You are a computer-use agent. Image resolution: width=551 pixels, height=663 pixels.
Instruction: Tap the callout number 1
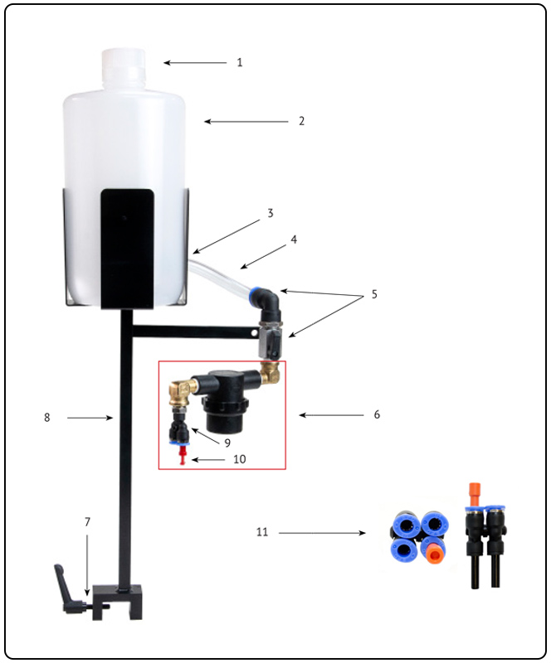240,63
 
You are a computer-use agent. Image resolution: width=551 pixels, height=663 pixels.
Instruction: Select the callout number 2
301,121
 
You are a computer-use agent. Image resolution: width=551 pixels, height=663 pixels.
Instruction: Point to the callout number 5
374,294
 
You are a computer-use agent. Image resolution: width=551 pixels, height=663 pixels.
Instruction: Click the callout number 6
377,414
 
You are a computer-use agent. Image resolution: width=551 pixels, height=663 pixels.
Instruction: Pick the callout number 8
47,418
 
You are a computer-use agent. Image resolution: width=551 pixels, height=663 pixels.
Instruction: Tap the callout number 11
262,531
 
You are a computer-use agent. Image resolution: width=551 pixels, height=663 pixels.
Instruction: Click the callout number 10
240,459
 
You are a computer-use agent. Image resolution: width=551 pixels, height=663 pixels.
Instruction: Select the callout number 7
88,522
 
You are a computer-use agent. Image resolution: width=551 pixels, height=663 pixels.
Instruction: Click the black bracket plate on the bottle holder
127,249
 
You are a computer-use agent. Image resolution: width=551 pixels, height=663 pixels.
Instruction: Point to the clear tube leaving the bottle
219,276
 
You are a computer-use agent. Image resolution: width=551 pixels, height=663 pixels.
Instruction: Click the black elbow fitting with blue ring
267,303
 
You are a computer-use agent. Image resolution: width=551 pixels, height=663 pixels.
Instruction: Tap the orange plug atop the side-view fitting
475,493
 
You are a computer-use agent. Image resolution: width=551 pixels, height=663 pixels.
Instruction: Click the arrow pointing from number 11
322,533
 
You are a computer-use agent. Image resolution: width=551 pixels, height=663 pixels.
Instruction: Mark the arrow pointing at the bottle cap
195,63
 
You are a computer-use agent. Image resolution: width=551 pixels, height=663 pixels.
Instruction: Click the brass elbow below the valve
271,372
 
